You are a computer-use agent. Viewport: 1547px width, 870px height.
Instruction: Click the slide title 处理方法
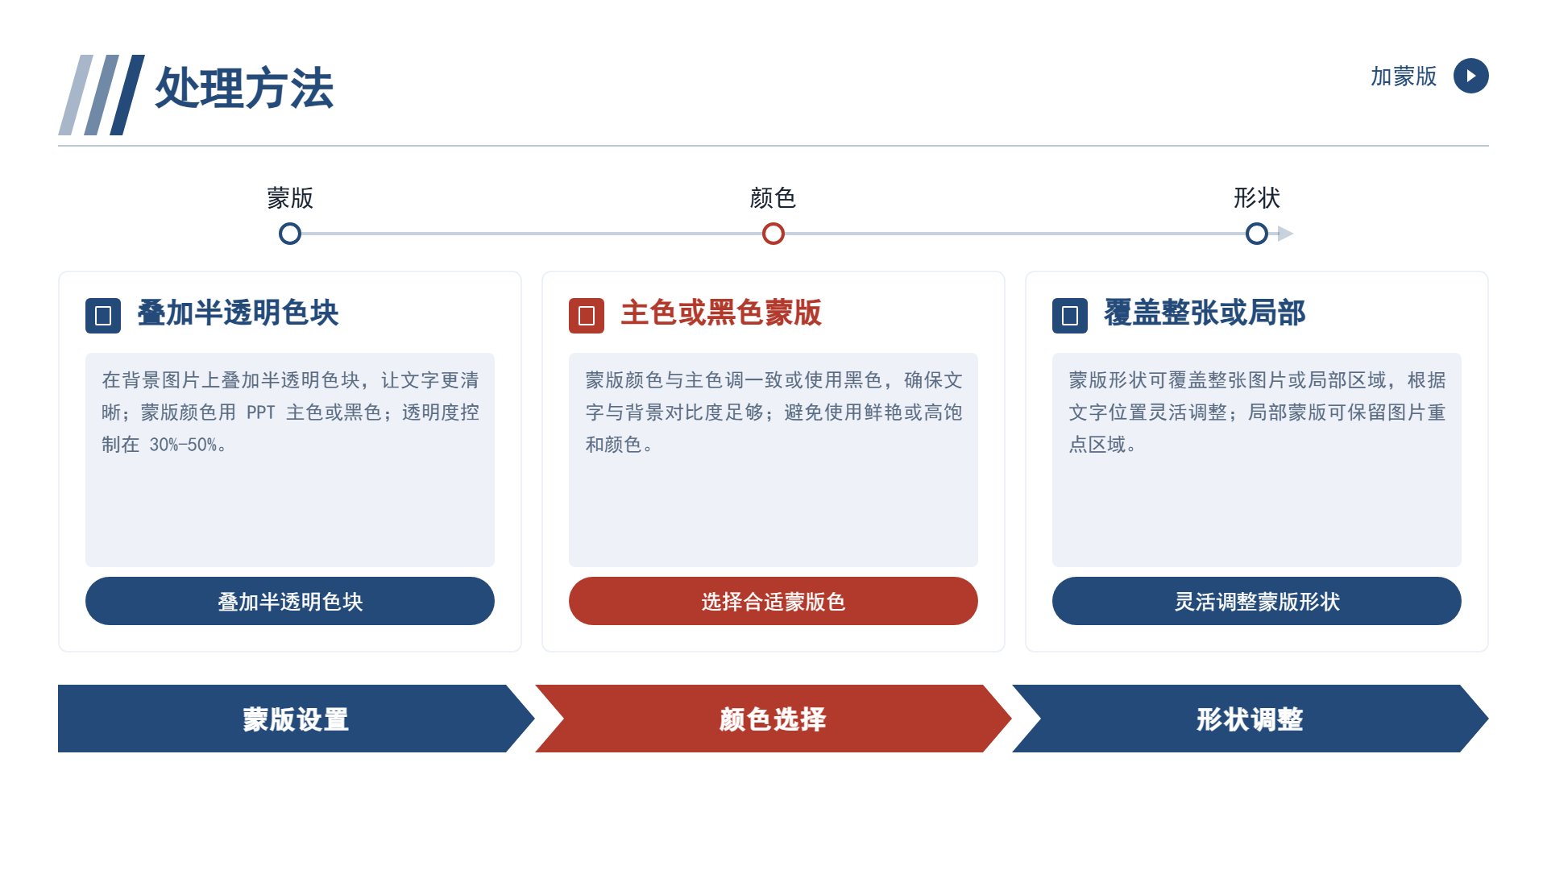click(244, 88)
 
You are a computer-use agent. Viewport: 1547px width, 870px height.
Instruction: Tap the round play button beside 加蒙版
click(1470, 76)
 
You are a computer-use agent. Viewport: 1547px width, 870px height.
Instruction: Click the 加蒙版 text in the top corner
click(1404, 77)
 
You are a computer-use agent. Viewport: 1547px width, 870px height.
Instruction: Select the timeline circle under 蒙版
click(290, 234)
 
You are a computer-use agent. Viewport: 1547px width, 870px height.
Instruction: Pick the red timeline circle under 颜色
click(773, 234)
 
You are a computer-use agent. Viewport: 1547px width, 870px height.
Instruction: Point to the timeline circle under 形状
click(1257, 234)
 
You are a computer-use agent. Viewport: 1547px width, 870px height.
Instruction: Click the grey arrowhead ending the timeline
click(1286, 234)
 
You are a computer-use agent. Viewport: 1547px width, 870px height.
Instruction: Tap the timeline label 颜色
click(773, 198)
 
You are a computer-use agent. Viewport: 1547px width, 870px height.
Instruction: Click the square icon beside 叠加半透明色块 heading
click(103, 316)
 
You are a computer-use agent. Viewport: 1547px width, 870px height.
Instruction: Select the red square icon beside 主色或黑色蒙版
click(587, 316)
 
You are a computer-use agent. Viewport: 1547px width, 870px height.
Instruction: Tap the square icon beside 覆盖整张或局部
click(1070, 316)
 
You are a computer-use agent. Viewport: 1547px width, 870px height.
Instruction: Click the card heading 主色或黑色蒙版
click(721, 313)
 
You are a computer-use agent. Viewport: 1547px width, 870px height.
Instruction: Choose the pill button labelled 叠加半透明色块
click(290, 601)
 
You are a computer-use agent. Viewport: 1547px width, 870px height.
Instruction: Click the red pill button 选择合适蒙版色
click(773, 601)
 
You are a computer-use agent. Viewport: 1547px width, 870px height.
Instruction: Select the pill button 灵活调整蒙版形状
click(1257, 601)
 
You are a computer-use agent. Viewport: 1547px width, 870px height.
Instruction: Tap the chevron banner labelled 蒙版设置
click(296, 719)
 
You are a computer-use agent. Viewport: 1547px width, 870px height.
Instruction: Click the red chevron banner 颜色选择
click(773, 719)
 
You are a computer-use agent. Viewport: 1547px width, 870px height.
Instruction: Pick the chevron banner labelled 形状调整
click(1250, 719)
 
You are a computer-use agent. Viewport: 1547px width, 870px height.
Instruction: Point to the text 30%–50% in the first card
click(184, 445)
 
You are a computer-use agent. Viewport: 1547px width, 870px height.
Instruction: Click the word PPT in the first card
click(261, 412)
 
